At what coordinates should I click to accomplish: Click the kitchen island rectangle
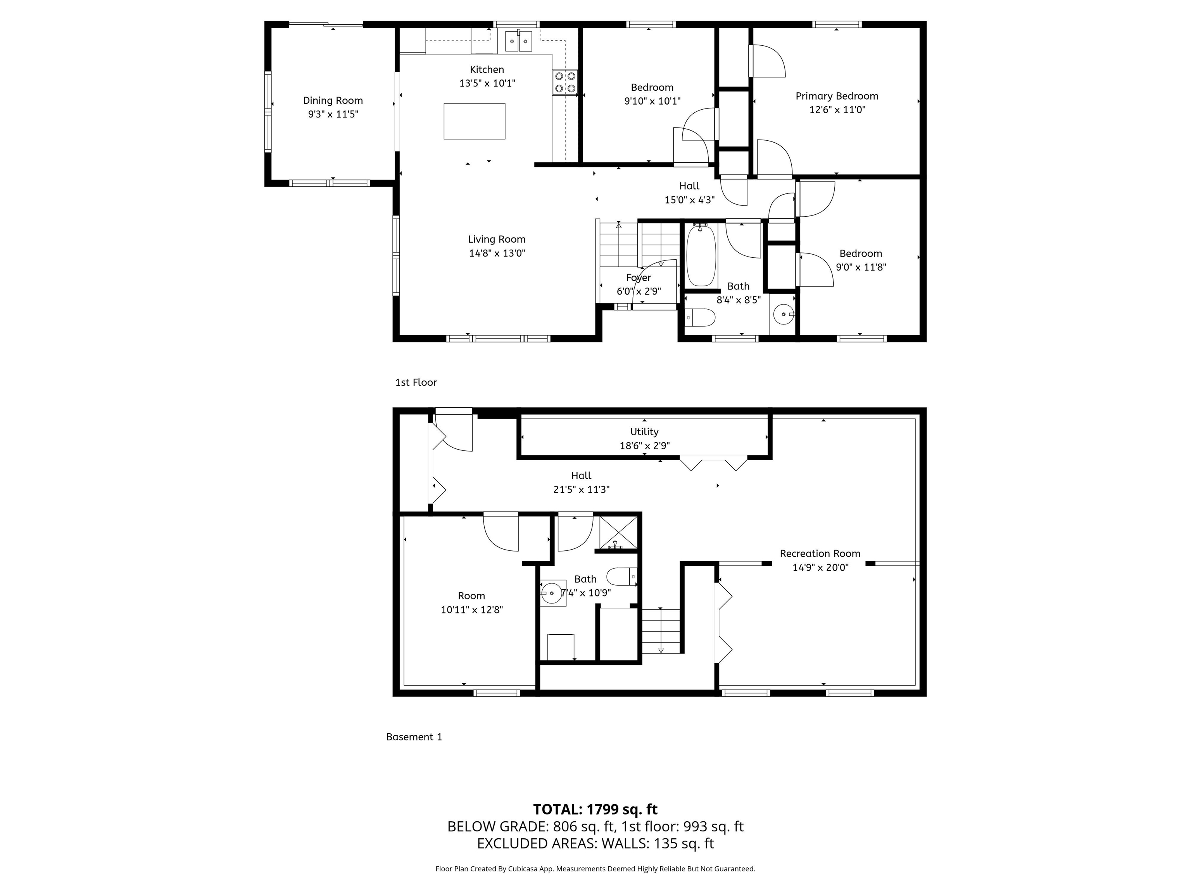[x=474, y=121]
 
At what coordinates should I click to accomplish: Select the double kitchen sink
[x=518, y=41]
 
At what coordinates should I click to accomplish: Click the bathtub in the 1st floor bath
[x=701, y=256]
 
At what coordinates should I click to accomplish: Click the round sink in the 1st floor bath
[x=782, y=313]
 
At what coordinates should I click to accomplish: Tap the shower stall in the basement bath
[x=618, y=532]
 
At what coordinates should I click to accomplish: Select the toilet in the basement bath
[x=621, y=576]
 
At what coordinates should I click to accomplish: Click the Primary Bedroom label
[x=837, y=96]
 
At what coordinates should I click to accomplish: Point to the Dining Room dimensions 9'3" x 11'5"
[x=333, y=114]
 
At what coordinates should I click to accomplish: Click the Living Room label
[x=496, y=239]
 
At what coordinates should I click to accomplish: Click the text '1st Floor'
[x=416, y=382]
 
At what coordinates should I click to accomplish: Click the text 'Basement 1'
[x=414, y=737]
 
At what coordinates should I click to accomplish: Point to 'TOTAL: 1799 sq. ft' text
[x=595, y=809]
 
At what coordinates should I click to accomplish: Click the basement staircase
[x=661, y=631]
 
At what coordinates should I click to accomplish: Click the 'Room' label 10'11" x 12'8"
[x=471, y=596]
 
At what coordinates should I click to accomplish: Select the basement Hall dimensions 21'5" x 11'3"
[x=581, y=489]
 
